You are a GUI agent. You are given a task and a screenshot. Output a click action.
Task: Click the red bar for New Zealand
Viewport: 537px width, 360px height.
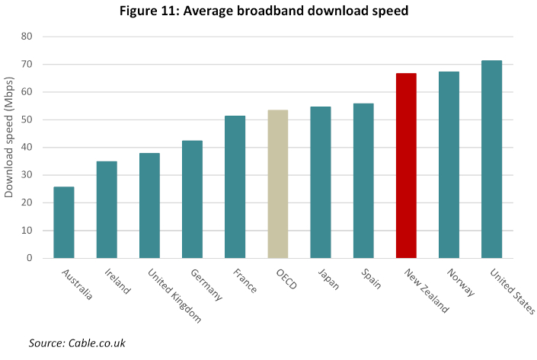coord(406,166)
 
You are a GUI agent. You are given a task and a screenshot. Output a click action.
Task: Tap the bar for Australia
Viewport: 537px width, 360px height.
coord(64,222)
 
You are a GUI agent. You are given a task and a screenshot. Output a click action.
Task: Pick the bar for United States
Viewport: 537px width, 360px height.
coord(492,159)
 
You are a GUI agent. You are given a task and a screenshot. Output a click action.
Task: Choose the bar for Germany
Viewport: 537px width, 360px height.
coord(192,199)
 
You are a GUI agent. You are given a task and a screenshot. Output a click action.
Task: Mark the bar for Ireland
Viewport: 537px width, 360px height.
coord(107,209)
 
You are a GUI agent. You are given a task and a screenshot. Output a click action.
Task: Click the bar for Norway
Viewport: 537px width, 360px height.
coord(449,165)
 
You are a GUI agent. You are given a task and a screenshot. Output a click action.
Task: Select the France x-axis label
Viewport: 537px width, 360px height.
coord(245,280)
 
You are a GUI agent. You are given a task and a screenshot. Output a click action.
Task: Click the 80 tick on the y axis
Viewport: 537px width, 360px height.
coord(27,37)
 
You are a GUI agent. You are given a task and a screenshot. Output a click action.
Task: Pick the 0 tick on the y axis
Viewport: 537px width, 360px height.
coord(30,258)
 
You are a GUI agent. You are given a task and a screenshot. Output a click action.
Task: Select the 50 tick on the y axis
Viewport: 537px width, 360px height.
coord(27,119)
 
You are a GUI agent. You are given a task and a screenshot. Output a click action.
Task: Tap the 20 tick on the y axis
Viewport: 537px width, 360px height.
coord(27,202)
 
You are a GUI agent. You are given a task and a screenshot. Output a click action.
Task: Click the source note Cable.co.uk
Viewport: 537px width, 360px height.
coord(77,344)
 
